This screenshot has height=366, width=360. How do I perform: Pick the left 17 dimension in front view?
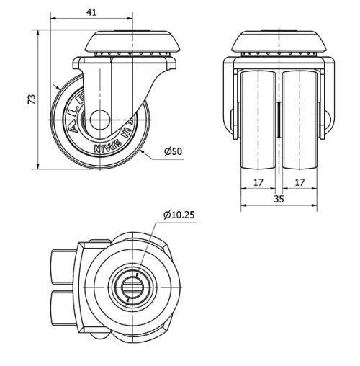click(258, 182)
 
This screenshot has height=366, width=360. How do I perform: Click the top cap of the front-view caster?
click(278, 40)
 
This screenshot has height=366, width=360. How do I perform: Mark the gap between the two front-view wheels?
click(279, 119)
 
